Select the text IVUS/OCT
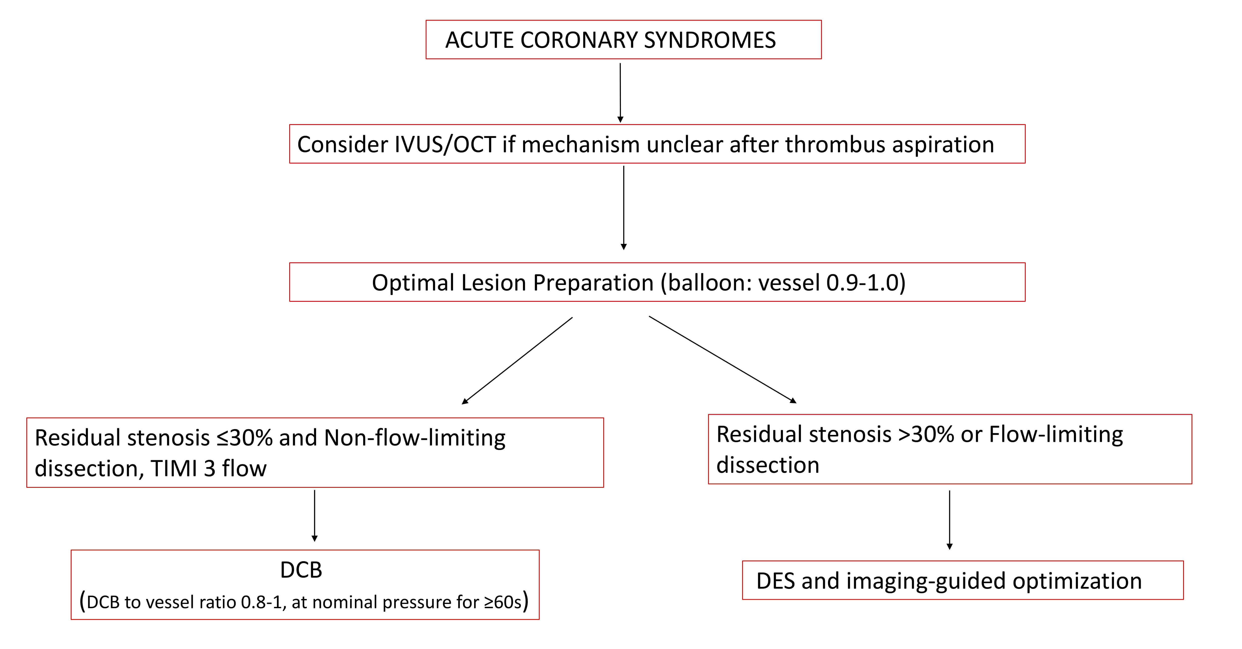445,145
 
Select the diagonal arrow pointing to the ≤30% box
517,361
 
